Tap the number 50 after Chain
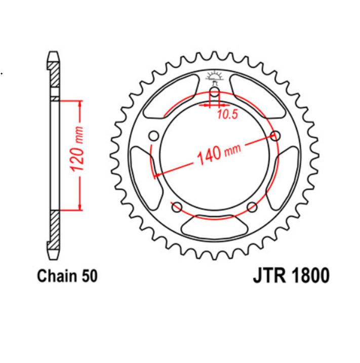click(87, 276)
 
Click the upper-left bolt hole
click(154, 136)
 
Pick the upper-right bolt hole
click(275, 136)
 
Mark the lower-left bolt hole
click(177, 207)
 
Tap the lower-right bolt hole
click(253, 207)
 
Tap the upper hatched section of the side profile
click(54, 76)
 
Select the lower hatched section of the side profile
click(54, 228)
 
